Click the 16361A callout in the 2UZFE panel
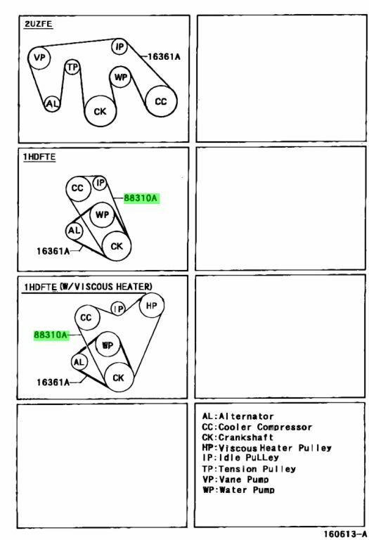pos(164,56)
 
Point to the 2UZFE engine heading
pos(38,24)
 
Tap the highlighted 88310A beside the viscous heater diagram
pos(51,335)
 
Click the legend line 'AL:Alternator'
pos(238,416)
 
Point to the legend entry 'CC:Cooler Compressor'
pos(257,427)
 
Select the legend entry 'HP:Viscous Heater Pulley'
pos(267,448)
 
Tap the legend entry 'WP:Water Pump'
pos(238,489)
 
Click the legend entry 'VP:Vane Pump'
pos(235,479)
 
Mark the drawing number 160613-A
pos(345,534)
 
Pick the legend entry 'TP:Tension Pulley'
pos(249,469)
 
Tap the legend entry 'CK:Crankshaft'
pos(238,437)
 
